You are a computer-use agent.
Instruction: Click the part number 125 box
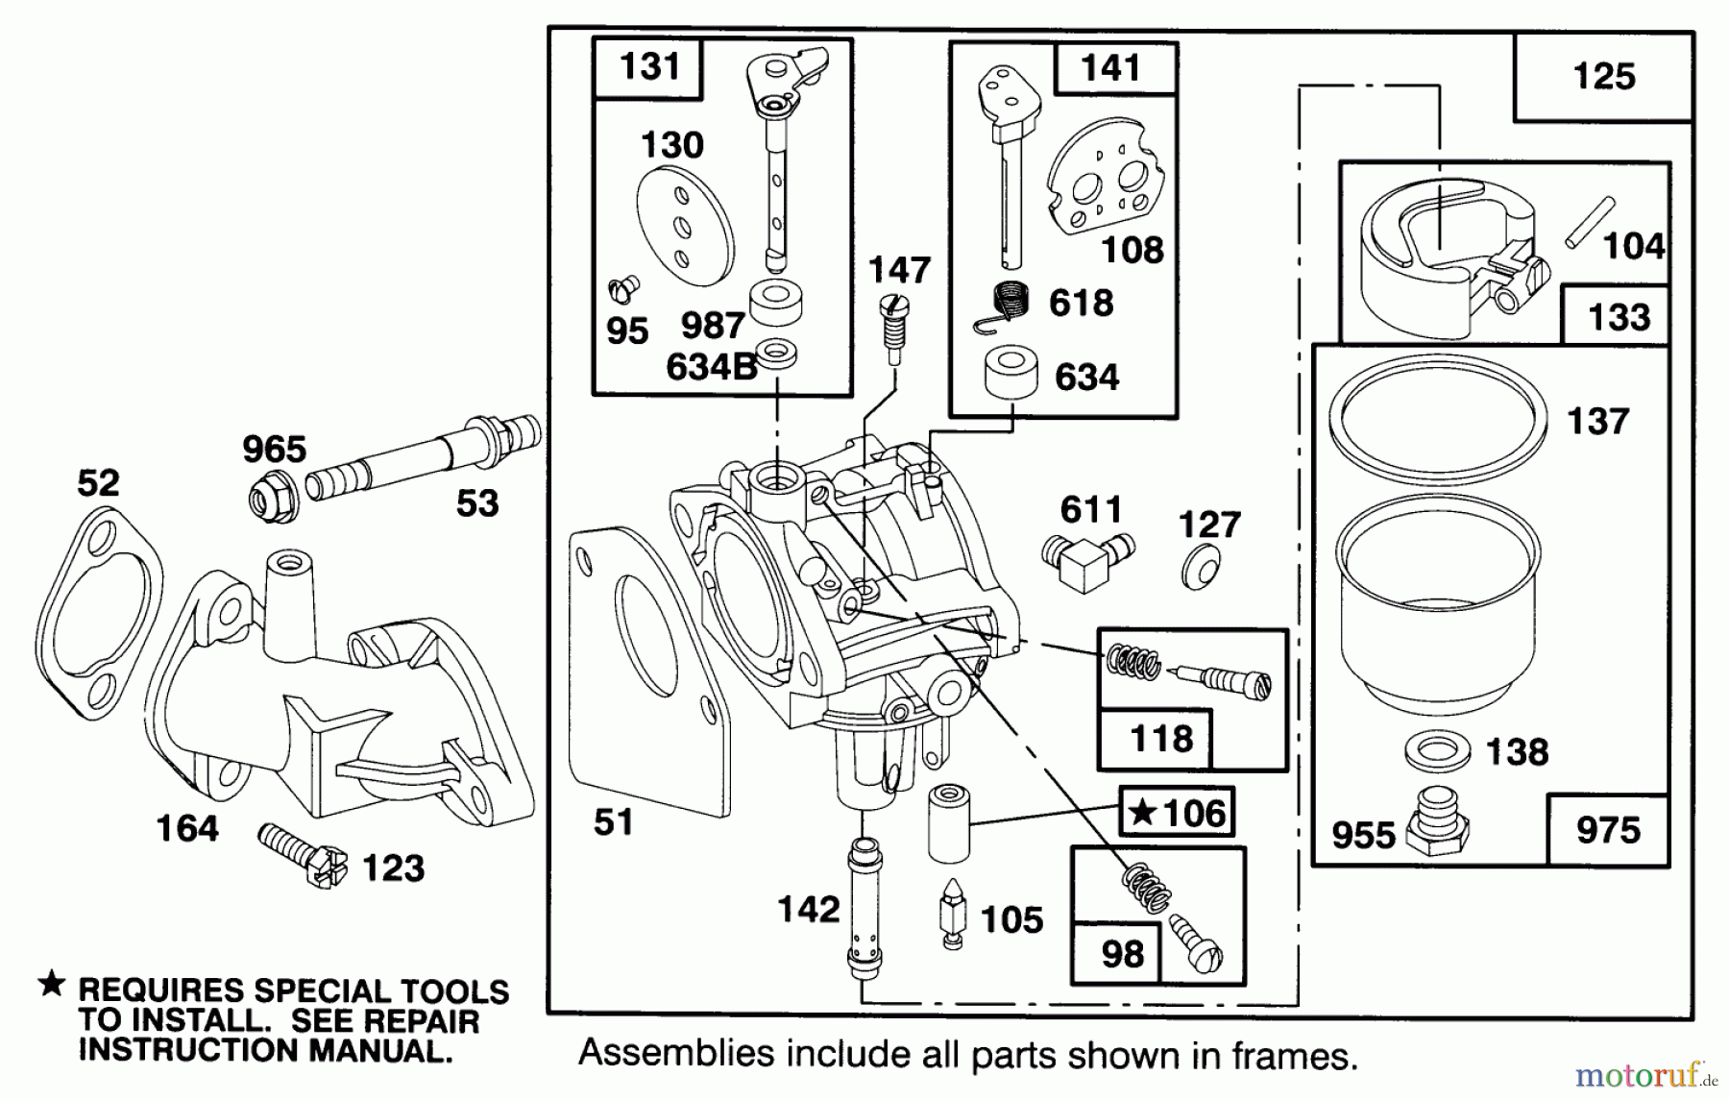point(1603,77)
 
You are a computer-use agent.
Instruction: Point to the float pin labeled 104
point(1590,222)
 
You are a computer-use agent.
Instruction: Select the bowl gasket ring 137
point(1438,415)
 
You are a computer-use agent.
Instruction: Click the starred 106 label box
point(1177,814)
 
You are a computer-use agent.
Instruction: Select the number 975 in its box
point(1608,830)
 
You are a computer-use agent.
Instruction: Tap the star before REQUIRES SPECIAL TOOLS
point(52,983)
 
